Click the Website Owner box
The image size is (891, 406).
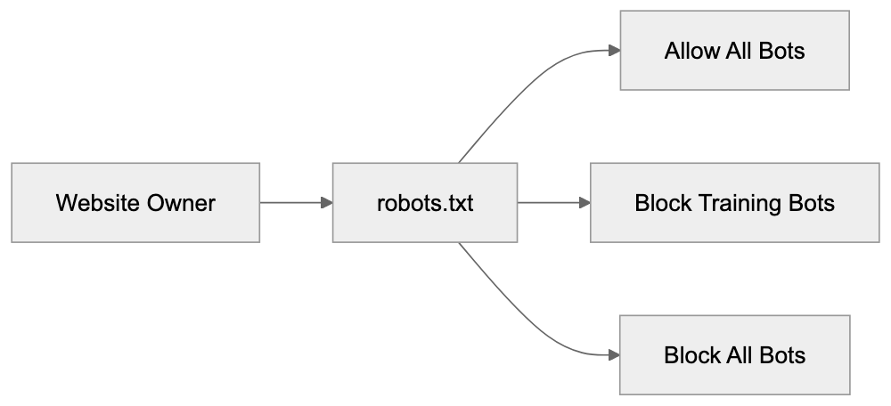(x=135, y=202)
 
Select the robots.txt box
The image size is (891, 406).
(x=425, y=202)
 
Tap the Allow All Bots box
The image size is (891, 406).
(x=734, y=51)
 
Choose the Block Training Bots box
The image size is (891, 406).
(x=734, y=202)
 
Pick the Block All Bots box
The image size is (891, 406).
(x=734, y=355)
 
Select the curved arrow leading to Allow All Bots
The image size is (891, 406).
(x=526, y=80)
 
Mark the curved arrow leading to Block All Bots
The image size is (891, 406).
(x=526, y=325)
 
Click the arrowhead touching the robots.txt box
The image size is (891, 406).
(x=326, y=202)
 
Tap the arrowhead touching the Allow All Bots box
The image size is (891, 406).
(x=614, y=51)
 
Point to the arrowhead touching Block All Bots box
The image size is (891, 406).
(x=614, y=355)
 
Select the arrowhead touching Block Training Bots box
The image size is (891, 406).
(x=584, y=202)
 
